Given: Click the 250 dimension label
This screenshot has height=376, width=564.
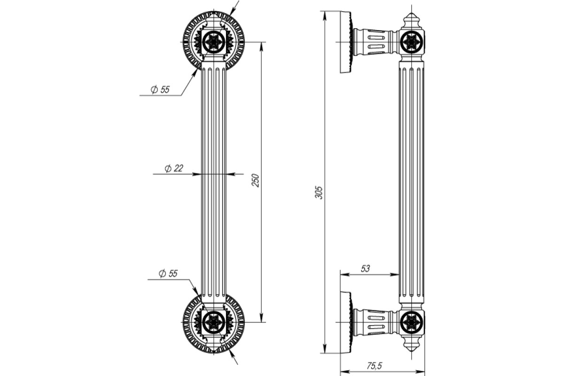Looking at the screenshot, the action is click(x=255, y=180).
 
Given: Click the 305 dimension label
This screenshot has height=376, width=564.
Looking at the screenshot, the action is click(x=319, y=193).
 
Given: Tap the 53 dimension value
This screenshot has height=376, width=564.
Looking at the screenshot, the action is click(x=365, y=269).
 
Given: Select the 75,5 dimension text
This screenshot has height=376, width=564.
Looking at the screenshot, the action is click(x=374, y=366).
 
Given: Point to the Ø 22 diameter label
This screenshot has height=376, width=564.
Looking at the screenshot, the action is click(x=174, y=168).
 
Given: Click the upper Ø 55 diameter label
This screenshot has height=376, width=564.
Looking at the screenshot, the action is click(x=160, y=89).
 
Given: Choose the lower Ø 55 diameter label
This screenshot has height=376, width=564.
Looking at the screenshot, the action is click(x=168, y=273).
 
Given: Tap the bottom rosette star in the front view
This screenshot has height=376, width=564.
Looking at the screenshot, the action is click(x=213, y=322).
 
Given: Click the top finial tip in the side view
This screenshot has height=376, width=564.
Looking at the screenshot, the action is click(x=411, y=13).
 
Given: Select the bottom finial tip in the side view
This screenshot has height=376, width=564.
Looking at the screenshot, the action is click(x=411, y=351).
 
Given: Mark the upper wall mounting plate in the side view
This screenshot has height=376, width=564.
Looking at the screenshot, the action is click(x=346, y=42).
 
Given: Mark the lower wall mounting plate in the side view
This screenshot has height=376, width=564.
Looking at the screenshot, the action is click(x=346, y=322).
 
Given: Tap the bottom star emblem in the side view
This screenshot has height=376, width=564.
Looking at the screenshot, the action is click(x=412, y=322).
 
